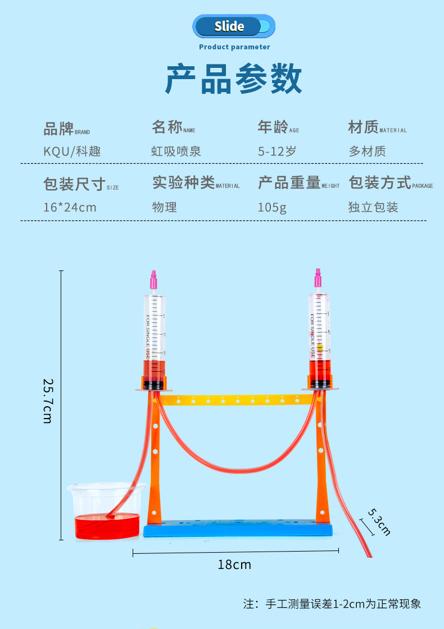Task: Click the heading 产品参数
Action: point(233,80)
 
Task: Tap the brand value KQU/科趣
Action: point(73,151)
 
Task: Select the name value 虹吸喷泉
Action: point(176,151)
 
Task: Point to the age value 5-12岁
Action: point(277,151)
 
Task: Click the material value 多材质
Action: point(367,151)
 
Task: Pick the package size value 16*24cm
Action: point(70,207)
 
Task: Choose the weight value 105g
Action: point(272,207)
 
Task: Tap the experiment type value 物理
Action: point(164,207)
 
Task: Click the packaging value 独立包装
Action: point(373,207)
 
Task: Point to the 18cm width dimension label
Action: point(234,564)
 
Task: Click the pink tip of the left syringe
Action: point(152,278)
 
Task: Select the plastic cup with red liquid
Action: point(107,512)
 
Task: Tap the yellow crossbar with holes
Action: point(236,400)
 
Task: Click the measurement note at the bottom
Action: point(332,604)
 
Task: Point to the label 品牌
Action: point(58,128)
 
